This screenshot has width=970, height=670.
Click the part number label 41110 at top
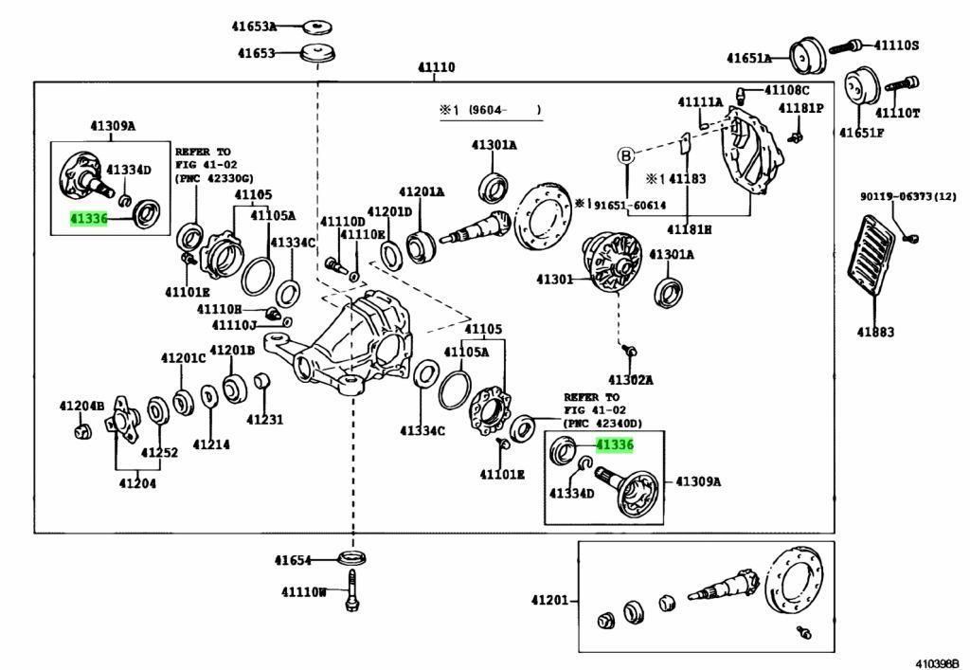click(x=436, y=68)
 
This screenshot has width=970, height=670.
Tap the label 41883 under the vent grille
click(x=877, y=333)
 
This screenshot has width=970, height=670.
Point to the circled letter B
click(x=625, y=155)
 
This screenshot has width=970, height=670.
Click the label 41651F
click(x=861, y=132)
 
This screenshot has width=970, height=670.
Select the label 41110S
click(x=896, y=45)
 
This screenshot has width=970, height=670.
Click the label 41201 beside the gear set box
click(x=550, y=600)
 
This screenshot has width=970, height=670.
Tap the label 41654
click(x=293, y=560)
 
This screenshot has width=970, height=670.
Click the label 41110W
click(x=303, y=593)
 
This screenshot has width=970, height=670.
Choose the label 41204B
click(x=81, y=406)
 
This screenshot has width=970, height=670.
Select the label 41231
click(x=265, y=418)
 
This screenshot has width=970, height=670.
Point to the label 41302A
click(x=630, y=380)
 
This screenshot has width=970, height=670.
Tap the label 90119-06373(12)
click(x=908, y=196)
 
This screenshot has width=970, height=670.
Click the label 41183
click(x=688, y=178)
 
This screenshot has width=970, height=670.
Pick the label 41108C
click(x=787, y=90)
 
